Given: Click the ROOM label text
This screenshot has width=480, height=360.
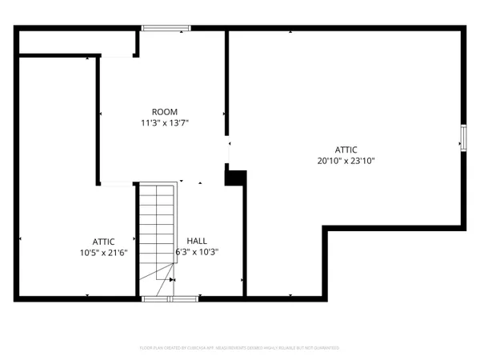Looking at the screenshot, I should point(165,111).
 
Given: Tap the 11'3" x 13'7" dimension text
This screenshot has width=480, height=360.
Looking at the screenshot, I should point(165,122).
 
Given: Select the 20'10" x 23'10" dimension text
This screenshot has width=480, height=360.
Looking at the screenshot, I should point(346,160).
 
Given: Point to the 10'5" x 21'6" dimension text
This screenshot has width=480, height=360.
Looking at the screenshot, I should point(103,252).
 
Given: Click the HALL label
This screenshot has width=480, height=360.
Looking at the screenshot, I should point(197,241).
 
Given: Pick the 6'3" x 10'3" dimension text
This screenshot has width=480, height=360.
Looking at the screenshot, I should point(197,252).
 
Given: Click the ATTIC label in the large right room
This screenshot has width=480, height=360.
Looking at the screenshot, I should point(346,150).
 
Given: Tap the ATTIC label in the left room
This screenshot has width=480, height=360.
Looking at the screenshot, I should point(103,241).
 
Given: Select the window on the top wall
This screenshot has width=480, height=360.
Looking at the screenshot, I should point(166,29).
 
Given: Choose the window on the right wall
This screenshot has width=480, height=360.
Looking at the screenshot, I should point(462,138).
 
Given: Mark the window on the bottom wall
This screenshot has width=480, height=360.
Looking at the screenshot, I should point(169,298).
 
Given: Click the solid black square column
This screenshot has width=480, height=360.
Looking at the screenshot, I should point(235,176).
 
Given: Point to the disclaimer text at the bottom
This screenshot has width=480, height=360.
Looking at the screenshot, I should point(240,349).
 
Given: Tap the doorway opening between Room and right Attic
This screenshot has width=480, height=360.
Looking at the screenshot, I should point(228,152).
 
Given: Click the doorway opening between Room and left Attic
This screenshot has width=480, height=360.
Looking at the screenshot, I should point(116,184).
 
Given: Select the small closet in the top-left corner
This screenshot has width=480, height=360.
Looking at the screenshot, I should point(76,43).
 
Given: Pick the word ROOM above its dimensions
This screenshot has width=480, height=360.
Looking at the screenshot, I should point(165,111).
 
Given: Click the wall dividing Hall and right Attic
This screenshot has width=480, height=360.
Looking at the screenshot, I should point(243,240).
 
